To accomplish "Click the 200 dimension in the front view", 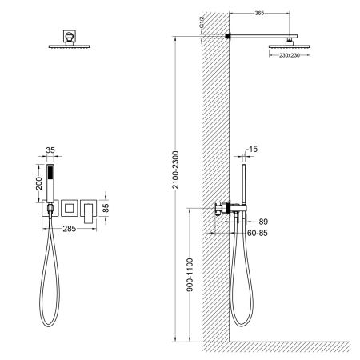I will [x=29, y=183].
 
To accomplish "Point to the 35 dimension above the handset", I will [x=50, y=149].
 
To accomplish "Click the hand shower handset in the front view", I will [x=50, y=183].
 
